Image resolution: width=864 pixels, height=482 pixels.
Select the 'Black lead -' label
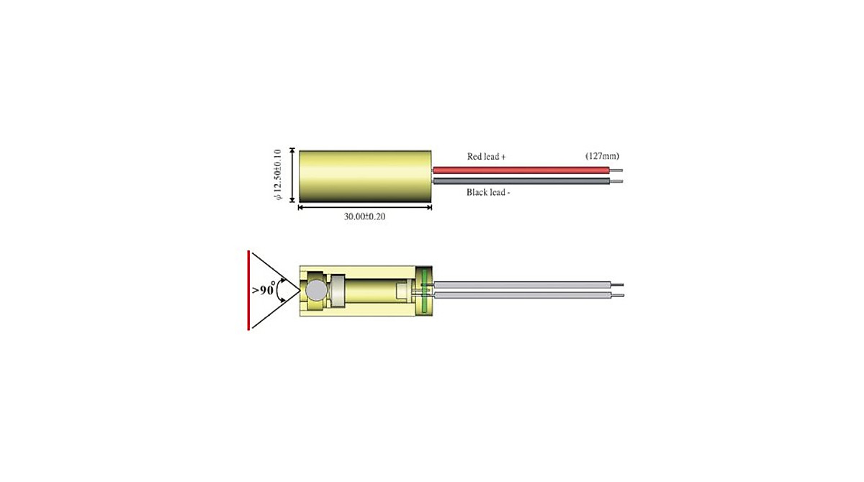(x=488, y=193)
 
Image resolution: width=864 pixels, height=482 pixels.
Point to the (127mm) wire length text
(x=602, y=156)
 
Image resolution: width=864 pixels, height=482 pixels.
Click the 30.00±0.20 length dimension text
(x=364, y=217)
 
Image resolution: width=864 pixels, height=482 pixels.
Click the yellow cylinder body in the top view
(x=364, y=176)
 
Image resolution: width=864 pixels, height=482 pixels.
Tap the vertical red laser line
(x=248, y=290)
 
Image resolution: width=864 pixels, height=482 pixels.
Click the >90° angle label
(x=262, y=291)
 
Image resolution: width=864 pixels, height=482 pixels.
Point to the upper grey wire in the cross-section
(x=521, y=285)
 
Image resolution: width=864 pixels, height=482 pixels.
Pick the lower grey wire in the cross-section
(x=521, y=296)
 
